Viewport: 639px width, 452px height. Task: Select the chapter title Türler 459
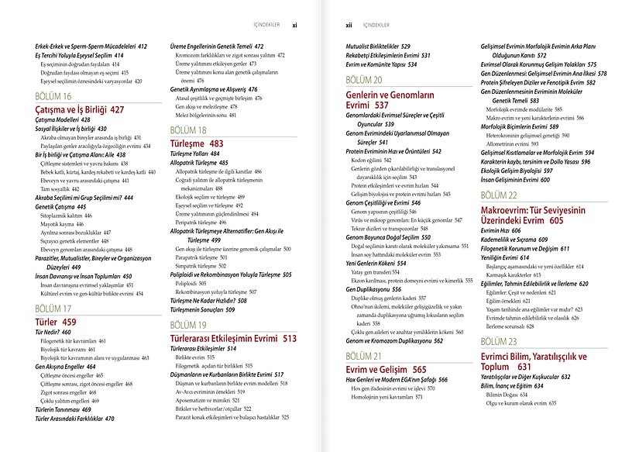[57, 321]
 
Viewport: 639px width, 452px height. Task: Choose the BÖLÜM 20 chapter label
[363, 80]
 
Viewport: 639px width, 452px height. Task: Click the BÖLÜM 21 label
[363, 356]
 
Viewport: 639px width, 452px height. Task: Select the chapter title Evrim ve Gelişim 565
[386, 369]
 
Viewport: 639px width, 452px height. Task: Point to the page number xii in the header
[349, 24]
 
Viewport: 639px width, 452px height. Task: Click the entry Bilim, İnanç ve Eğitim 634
[517, 385]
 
